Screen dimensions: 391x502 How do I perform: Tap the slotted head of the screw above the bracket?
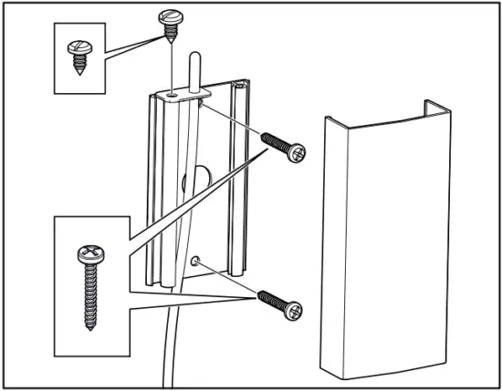click(171, 16)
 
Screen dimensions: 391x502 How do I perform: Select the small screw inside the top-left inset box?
click(78, 59)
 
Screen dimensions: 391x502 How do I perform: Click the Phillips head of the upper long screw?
click(296, 155)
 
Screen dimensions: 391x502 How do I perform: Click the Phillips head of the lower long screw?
click(293, 311)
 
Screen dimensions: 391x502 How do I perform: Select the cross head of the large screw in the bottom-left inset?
click(89, 255)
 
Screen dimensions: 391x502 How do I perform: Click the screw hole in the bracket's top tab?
click(173, 93)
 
